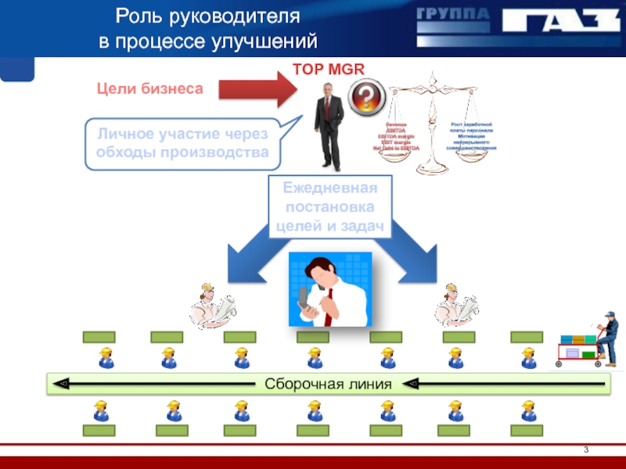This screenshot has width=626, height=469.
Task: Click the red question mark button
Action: (x=365, y=98)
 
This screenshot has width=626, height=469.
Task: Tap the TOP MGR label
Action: (x=328, y=70)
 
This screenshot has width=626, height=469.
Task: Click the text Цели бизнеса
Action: (x=149, y=88)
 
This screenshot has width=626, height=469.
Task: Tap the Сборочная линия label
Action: (x=328, y=384)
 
